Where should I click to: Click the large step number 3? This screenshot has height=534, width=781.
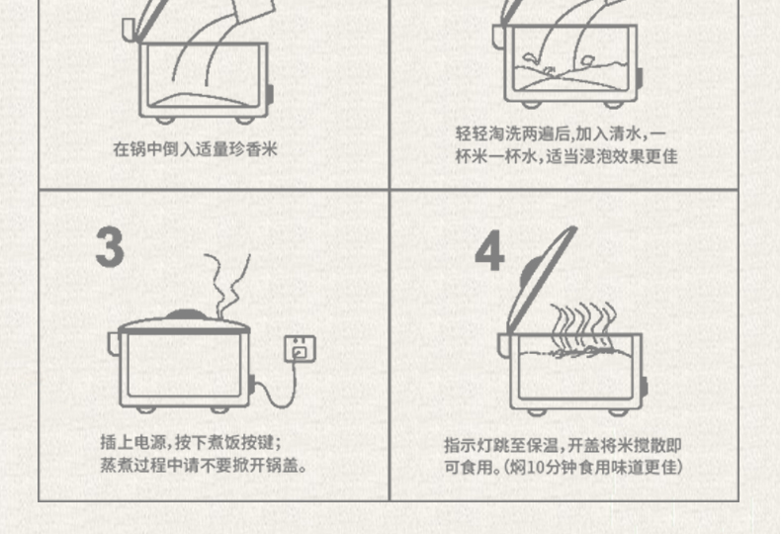tap(110, 247)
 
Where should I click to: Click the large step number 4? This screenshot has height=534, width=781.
tap(489, 251)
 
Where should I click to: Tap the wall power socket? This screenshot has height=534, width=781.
tap(300, 349)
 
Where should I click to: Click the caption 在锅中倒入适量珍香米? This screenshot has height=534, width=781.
tap(195, 149)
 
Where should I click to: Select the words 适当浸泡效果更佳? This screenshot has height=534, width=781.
tap(612, 156)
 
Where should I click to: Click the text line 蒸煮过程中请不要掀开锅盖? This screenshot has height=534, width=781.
tap(204, 465)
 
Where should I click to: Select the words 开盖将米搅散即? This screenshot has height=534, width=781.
tap(624, 445)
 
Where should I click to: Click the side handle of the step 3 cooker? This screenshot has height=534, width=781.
tap(114, 343)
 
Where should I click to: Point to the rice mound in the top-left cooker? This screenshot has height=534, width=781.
tap(201, 100)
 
